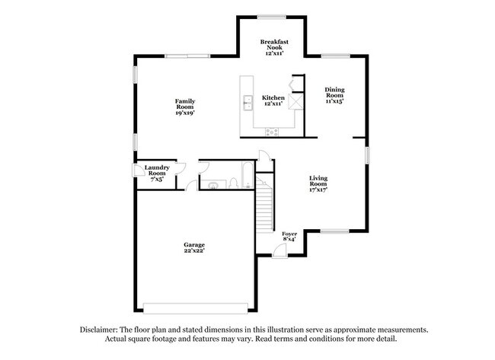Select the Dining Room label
335,95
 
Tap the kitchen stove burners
272,132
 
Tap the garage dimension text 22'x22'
193,250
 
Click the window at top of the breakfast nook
272,16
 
